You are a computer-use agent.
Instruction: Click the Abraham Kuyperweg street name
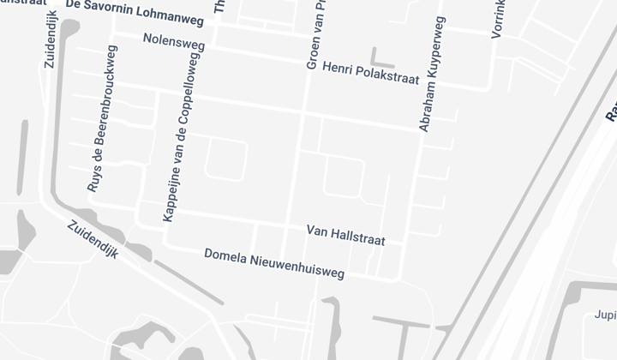[x=432, y=74]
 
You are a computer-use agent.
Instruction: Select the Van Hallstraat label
[x=345, y=235]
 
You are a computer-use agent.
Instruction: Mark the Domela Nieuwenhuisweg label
[x=274, y=264]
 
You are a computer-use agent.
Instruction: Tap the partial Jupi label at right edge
[x=605, y=315]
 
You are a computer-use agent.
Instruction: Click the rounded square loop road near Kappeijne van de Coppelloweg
[x=225, y=160]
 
